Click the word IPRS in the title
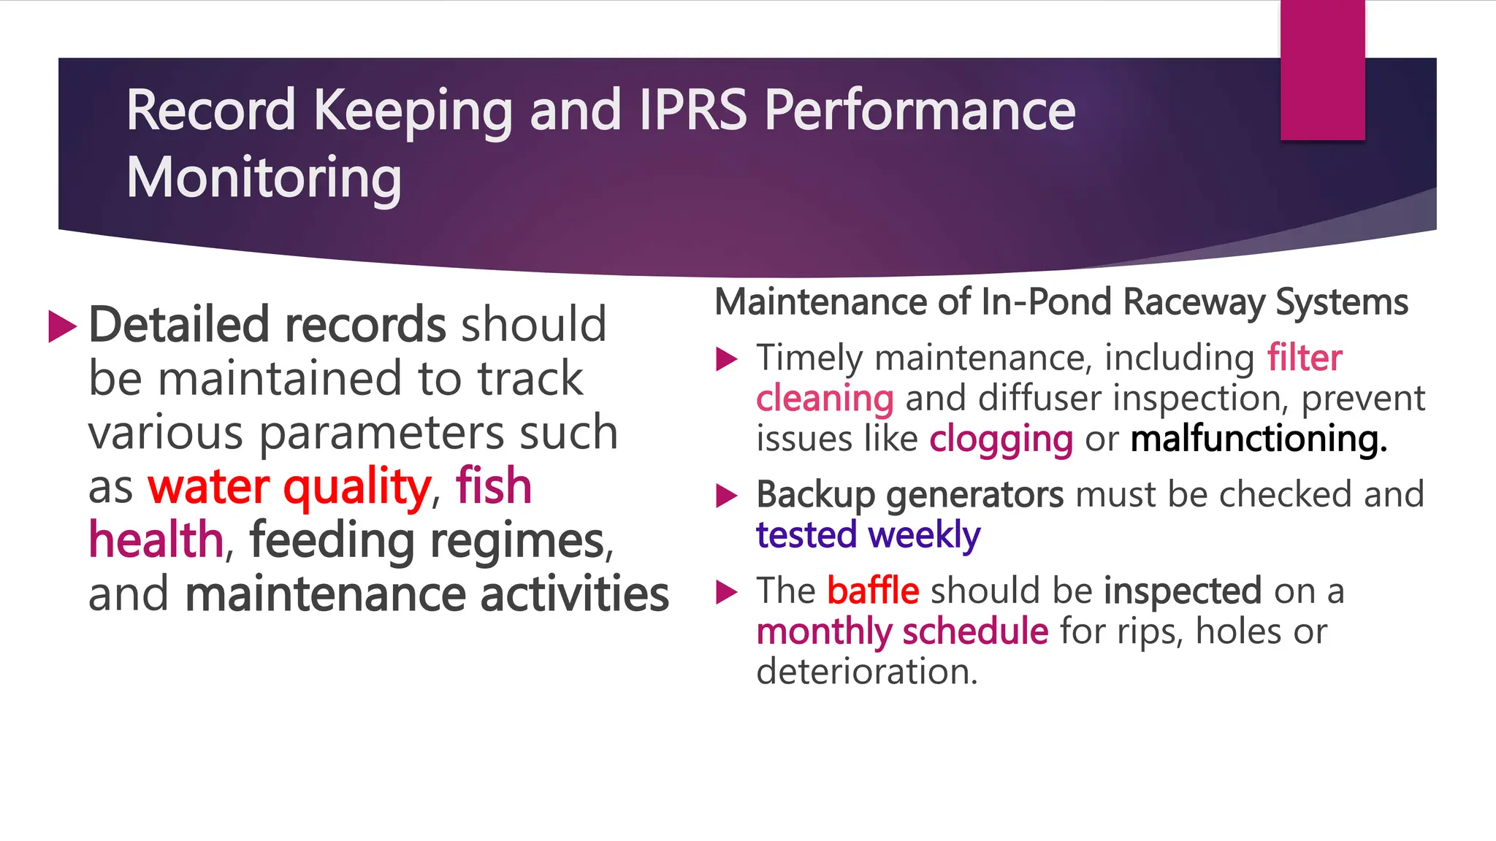pyautogui.click(x=693, y=111)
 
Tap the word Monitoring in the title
pyautogui.click(x=264, y=178)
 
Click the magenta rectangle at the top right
pyautogui.click(x=1322, y=70)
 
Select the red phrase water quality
pyautogui.click(x=289, y=487)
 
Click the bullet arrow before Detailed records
pyautogui.click(x=62, y=326)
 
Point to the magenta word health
pyautogui.click(x=156, y=540)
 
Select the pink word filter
pyautogui.click(x=1304, y=358)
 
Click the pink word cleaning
pyautogui.click(x=825, y=399)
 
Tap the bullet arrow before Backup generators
pyautogui.click(x=727, y=496)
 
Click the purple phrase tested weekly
pyautogui.click(x=868, y=535)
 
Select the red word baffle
pyautogui.click(x=873, y=591)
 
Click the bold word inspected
pyautogui.click(x=1183, y=591)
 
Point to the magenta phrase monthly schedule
pyautogui.click(x=902, y=631)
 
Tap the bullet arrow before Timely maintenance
pyautogui.click(x=727, y=358)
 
